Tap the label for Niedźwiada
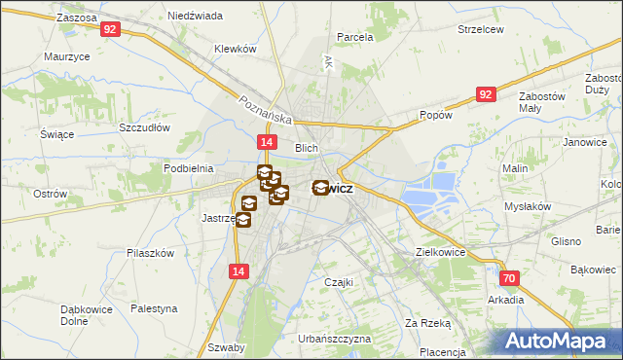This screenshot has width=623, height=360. pos(195,17)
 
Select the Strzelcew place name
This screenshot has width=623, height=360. pos(480,29)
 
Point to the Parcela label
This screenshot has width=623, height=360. pos(355,37)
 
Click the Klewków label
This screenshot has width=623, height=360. pos(235,49)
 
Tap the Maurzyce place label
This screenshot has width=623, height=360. pos(67,56)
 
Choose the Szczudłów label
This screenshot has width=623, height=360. pos(144,127)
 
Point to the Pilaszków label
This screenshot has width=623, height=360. pos(150,252)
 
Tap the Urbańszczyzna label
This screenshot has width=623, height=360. pos(336,338)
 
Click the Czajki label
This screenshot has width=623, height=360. pos(338,281)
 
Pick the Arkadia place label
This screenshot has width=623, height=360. pos(506,300)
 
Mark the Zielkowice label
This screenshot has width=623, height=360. pos(440,251)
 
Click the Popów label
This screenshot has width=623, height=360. pos(437,115)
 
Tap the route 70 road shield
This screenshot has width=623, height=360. pos(511,279)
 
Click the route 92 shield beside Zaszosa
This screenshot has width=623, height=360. pos(110,29)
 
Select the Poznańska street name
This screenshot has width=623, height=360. pos(267,109)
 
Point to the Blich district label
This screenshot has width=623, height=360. pos(306,148)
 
